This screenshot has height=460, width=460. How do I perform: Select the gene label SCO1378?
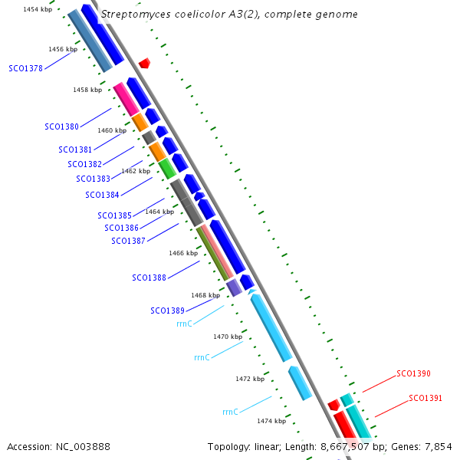25,68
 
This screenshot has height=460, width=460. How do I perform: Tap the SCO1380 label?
61,127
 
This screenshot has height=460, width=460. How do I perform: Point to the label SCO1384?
102,195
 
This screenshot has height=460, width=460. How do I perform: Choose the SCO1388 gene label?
149,278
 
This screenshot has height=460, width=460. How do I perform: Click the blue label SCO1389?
167,310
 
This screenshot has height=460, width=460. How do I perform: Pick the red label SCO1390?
413,374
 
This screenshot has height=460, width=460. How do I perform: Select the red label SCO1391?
426,398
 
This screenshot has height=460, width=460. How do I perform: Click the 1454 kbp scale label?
38,9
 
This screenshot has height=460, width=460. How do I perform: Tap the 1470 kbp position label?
228,337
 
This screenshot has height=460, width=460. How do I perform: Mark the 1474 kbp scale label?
271,421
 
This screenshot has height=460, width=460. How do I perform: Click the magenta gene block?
126,99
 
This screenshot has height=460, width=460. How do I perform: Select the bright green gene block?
166,168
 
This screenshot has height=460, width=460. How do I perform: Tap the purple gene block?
234,287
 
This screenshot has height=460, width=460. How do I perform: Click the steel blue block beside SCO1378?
90,41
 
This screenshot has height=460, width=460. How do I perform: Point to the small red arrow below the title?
144,63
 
